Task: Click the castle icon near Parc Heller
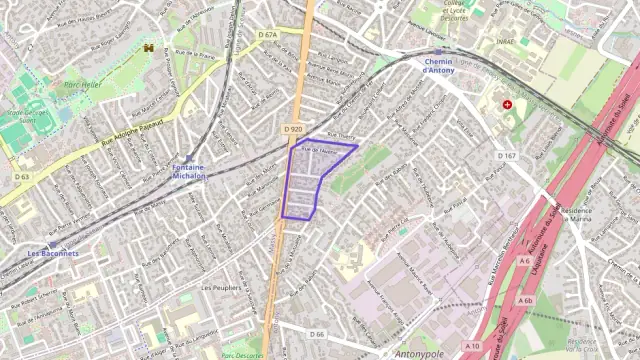tap(149, 48)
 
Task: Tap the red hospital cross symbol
tap(508, 104)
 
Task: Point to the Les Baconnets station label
tap(53, 254)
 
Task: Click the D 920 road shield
tap(292, 129)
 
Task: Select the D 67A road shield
tap(267, 35)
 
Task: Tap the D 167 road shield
tap(507, 155)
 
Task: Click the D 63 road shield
tap(23, 177)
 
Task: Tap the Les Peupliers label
tap(221, 287)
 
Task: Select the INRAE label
tap(504, 41)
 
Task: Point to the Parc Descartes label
tap(242, 355)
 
